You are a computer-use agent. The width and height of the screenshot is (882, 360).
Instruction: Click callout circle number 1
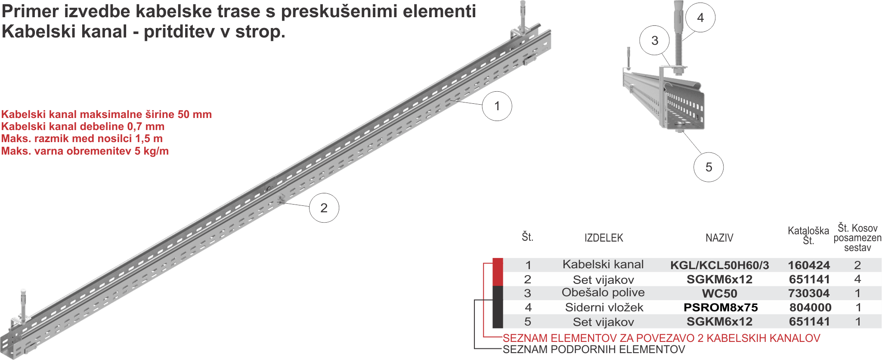497,106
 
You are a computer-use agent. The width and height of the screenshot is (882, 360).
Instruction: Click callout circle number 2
324,208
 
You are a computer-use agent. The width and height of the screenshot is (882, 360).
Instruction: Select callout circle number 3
655,40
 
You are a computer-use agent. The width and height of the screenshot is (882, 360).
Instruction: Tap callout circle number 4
700,18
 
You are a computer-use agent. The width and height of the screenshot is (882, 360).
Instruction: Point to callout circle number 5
709,167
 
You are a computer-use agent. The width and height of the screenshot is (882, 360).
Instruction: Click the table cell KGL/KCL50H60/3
719,265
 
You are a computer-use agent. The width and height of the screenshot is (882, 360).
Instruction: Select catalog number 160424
809,265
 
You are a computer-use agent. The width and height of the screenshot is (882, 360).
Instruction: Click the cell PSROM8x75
721,307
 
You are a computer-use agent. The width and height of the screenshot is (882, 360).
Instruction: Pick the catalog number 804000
810,307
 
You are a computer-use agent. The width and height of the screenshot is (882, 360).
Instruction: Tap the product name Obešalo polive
603,292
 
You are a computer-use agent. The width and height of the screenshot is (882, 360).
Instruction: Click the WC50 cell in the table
719,294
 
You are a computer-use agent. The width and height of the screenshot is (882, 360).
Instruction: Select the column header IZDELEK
603,238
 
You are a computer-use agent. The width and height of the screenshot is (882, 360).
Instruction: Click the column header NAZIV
719,238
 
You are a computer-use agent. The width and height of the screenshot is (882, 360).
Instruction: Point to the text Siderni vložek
604,307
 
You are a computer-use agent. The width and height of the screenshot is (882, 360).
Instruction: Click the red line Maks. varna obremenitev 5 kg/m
85,151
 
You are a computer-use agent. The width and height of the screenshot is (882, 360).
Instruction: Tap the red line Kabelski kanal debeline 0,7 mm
83,127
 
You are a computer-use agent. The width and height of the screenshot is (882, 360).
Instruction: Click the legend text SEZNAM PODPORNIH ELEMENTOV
594,349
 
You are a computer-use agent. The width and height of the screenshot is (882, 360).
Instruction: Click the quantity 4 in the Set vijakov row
857,279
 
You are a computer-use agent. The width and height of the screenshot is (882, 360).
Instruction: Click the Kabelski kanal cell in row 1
603,264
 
